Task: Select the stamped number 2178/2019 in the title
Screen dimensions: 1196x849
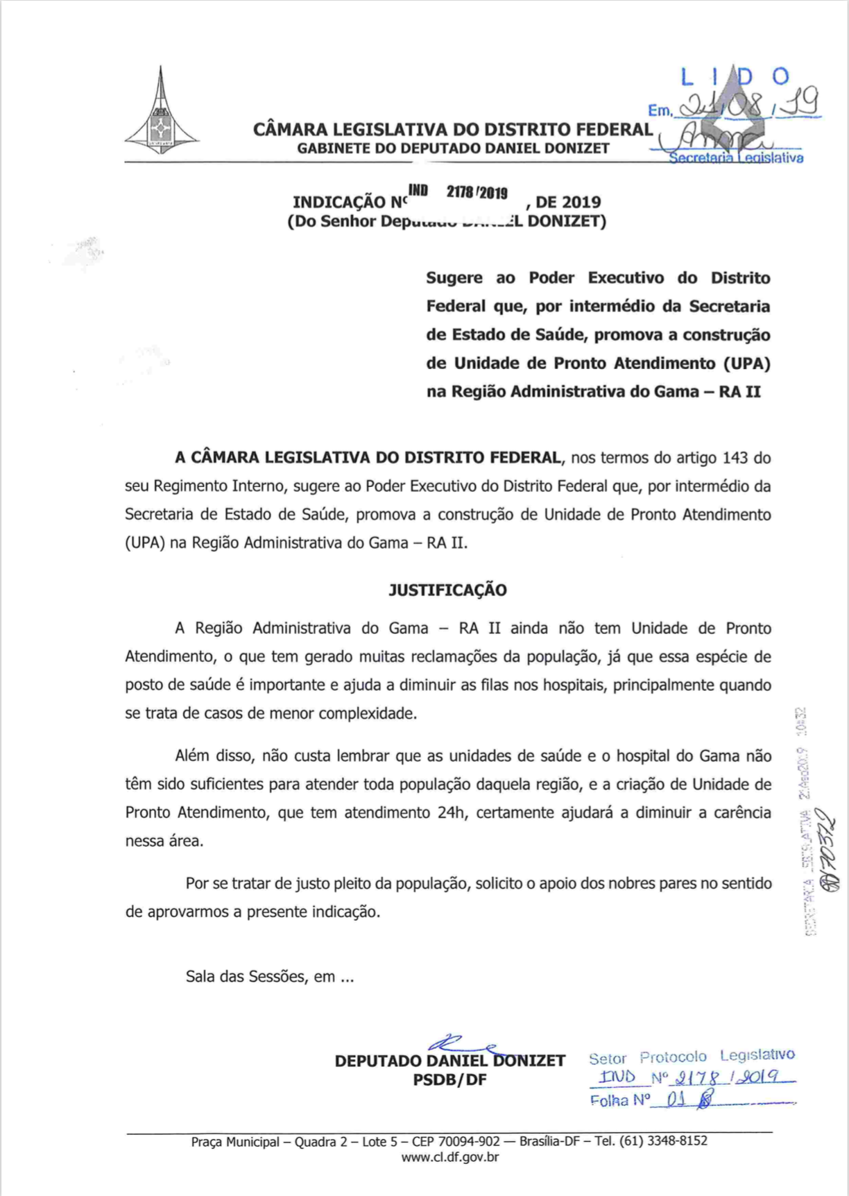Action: [477, 193]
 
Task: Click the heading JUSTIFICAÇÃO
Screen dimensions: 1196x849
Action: [447, 590]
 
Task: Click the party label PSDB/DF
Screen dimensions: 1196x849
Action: [449, 1080]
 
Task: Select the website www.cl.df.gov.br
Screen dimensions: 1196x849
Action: [449, 1157]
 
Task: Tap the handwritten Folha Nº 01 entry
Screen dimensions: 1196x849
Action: [652, 1100]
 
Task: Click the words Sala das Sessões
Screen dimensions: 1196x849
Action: [246, 977]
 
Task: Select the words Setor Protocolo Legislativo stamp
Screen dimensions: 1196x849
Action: [691, 1057]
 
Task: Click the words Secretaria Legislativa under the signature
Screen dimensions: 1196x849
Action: [735, 158]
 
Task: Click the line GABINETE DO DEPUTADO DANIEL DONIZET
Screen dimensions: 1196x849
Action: [453, 148]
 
